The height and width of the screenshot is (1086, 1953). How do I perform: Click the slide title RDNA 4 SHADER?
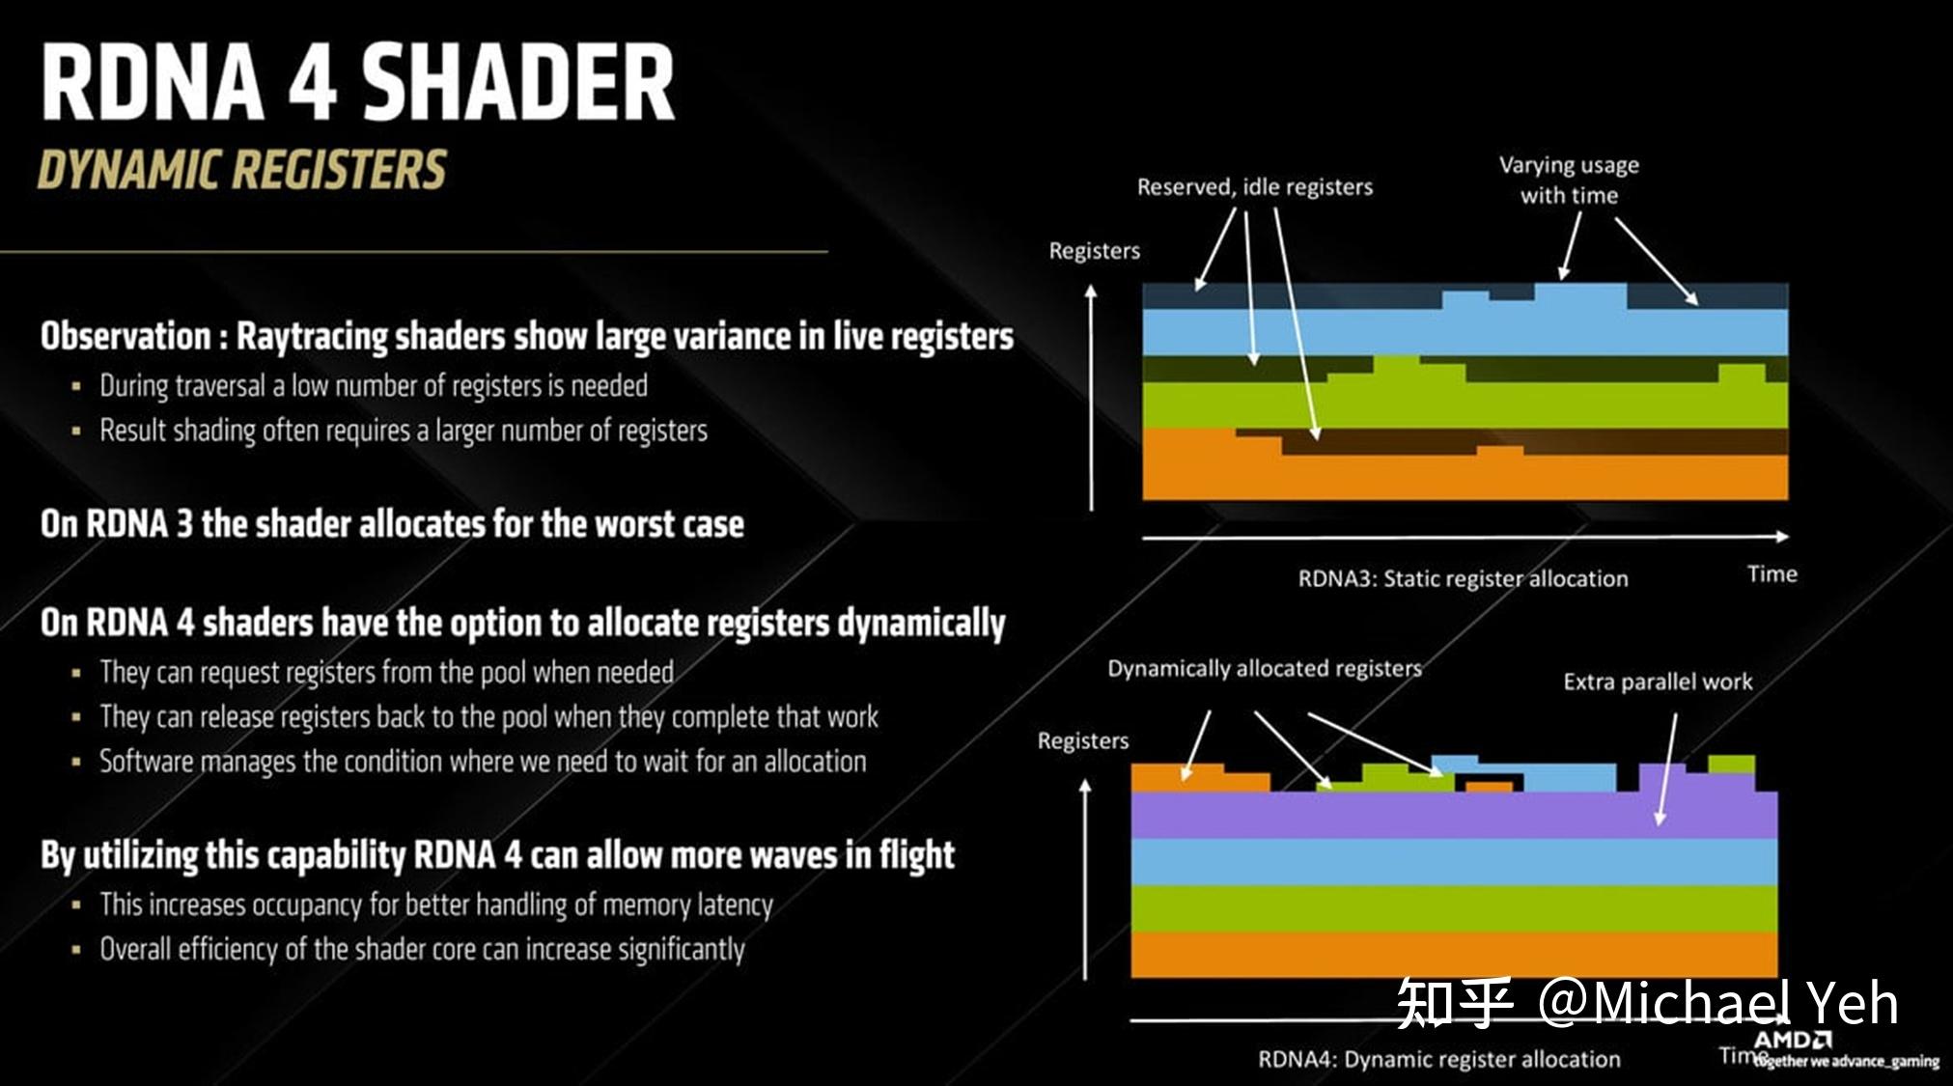coord(358,82)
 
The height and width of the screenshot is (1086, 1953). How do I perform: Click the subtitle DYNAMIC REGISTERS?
coord(241,170)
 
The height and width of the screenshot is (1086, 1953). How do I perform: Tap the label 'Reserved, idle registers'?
coord(1254,186)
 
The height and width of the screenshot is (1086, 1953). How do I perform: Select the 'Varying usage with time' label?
coord(1569,180)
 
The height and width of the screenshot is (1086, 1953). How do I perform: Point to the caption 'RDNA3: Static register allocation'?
coord(1463,578)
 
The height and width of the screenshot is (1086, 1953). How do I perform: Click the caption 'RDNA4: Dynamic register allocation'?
coord(1438,1059)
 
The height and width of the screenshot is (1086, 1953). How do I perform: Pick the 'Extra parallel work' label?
coord(1658,682)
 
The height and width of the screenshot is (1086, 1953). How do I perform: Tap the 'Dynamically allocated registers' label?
coord(1264,668)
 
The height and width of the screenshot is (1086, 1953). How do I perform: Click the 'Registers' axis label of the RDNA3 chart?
coord(1094,251)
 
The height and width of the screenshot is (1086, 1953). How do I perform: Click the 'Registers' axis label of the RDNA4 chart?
coord(1082,740)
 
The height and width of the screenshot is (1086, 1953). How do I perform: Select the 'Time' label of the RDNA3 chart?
coord(1772,574)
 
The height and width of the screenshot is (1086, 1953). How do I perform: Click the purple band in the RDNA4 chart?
coord(1453,815)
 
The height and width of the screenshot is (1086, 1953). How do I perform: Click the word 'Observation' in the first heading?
coord(126,336)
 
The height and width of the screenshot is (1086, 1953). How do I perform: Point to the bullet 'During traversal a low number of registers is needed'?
coord(374,385)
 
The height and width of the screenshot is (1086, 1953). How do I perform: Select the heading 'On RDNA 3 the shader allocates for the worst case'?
coord(392,523)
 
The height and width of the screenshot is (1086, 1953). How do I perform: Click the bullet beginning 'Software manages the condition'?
coord(483,762)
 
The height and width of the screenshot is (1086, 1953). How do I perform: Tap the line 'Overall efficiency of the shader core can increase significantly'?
coord(422,949)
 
